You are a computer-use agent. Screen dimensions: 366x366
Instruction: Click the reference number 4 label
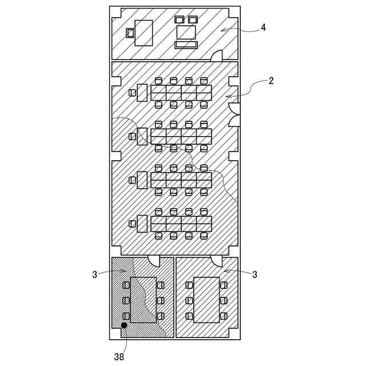[263, 27]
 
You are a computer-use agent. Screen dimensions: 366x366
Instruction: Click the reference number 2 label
[270, 81]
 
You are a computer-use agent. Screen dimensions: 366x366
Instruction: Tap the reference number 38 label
[119, 356]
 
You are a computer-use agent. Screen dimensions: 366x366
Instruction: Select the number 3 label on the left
[95, 274]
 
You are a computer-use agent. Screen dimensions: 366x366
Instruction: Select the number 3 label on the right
[254, 274]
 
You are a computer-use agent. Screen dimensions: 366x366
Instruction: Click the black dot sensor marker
[124, 325]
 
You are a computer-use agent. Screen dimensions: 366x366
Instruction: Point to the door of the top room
[217, 55]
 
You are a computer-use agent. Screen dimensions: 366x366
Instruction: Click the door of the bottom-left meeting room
[154, 261]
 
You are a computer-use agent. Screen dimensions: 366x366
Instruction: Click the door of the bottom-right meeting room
[216, 261]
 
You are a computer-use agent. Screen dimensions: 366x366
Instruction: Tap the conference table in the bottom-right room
[206, 300]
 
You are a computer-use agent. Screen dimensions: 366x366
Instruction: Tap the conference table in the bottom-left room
[144, 300]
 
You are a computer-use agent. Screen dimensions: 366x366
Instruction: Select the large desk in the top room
[144, 33]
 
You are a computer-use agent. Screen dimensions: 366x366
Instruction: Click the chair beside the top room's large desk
[130, 33]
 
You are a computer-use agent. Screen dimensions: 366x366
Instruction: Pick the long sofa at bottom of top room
[186, 45]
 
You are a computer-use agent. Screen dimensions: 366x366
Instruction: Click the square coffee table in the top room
[186, 32]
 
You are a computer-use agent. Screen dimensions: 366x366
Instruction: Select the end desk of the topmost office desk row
[142, 93]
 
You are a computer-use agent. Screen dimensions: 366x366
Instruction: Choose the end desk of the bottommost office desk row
[142, 224]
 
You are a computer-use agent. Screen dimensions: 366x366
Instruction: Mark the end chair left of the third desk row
[133, 180]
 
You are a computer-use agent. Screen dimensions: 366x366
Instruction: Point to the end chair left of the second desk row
[133, 136]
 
